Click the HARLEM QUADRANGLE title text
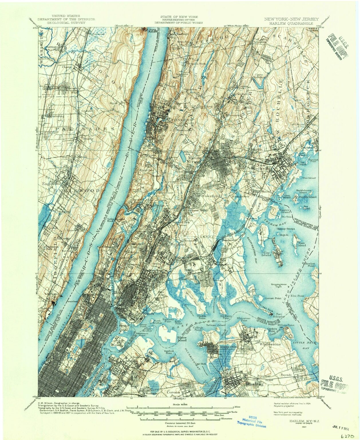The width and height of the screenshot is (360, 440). pos(291,23)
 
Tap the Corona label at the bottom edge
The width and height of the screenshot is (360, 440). pos(173,392)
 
